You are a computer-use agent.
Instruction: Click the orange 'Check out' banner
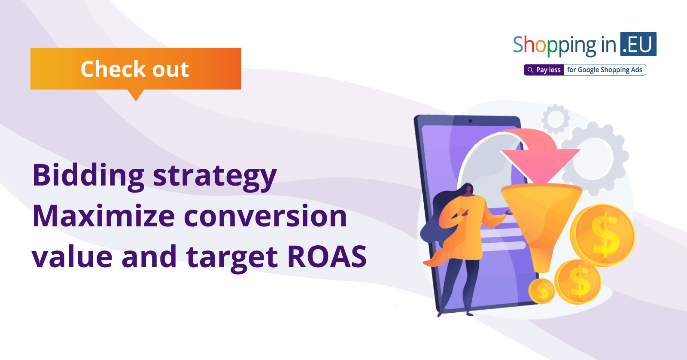click(136, 68)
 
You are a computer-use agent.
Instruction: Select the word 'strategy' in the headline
click(215, 177)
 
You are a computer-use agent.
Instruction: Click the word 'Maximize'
click(103, 216)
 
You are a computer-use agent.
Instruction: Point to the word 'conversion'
click(265, 216)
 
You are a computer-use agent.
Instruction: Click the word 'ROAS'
click(327, 256)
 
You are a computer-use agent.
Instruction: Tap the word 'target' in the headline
click(232, 258)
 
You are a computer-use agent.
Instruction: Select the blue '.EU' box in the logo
click(638, 44)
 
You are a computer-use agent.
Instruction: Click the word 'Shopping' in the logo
click(554, 46)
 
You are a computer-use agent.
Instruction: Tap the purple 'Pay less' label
click(544, 70)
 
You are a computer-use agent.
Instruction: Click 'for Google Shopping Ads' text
click(605, 70)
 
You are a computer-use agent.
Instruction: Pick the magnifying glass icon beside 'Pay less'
click(530, 70)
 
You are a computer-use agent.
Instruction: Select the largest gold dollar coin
click(602, 235)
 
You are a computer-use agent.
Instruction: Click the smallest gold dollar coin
click(541, 291)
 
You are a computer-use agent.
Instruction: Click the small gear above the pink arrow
click(556, 119)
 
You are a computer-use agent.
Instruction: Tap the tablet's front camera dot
click(470, 121)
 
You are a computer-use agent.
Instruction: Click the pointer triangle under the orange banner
click(136, 95)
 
